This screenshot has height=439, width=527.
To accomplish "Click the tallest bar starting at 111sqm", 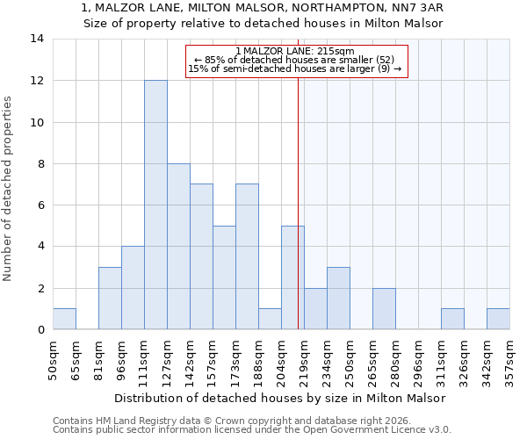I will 155,205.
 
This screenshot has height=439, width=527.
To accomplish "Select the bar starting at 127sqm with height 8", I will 178,247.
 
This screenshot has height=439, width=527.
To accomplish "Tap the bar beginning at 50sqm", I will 64,319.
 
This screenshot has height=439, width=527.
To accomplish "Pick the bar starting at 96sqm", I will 133,288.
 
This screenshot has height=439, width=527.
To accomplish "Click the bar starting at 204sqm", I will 292,277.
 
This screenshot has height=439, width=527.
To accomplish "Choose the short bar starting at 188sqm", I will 270,319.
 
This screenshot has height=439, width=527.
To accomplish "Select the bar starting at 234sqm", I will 338,298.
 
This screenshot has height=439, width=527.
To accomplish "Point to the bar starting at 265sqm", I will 384,308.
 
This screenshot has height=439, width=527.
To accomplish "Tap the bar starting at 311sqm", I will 452,319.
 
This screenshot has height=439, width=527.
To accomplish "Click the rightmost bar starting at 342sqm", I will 498,319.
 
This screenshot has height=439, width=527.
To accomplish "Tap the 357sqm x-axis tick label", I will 509,360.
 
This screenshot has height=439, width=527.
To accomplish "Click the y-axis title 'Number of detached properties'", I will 9,189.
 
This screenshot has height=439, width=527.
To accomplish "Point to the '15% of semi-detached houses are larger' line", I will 295,68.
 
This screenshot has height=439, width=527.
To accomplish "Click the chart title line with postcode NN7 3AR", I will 263,8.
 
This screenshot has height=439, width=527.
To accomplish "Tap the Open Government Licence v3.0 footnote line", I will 252,430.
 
